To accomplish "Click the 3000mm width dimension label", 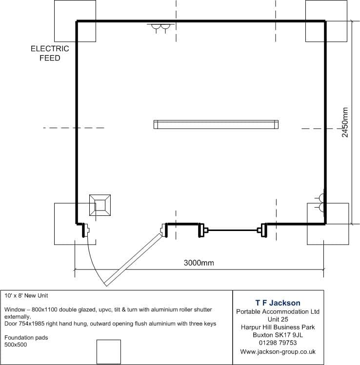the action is pos(199,263).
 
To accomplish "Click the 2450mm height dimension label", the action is pos(345,122).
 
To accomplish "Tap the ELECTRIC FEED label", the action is pos(50,53).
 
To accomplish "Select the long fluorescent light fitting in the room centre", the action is pos(216,125).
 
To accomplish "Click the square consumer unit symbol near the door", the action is pos(100,205).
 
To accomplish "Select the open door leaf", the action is pos(133,260).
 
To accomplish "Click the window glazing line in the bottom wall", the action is pos(233,230).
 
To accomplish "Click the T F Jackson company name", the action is pos(278,303).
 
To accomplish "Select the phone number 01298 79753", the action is pos(278,343).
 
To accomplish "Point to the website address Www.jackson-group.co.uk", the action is pos(278,351).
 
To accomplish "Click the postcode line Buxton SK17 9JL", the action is pos(278,335).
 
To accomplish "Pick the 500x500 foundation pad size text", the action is pos(16,345).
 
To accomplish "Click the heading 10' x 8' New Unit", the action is pos(26,296).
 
